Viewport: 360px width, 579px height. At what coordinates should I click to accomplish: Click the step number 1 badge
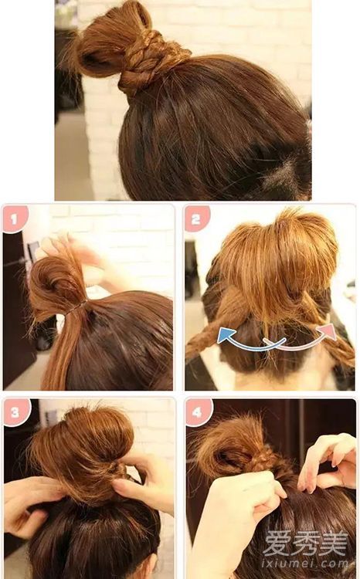tap(15, 219)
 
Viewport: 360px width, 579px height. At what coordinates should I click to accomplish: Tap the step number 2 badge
tap(196, 218)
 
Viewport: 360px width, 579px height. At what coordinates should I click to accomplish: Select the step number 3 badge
tap(16, 412)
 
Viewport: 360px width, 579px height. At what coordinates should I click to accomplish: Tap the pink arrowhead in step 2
tap(330, 331)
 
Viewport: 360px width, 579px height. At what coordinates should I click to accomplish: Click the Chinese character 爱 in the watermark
tap(277, 543)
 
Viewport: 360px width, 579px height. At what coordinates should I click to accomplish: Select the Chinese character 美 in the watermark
tap(335, 543)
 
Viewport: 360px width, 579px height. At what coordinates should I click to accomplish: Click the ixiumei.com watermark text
tap(305, 564)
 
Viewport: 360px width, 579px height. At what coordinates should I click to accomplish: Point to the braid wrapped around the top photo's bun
tap(148, 63)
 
